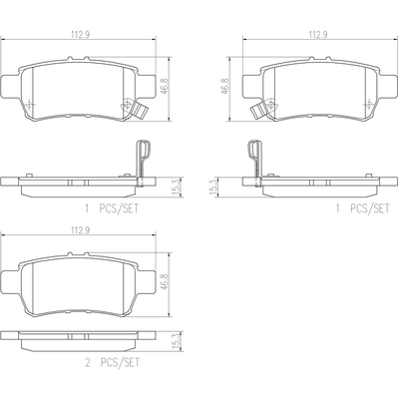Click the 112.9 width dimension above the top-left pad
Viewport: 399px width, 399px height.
pos(80,34)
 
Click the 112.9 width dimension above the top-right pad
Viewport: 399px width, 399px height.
pos(318,34)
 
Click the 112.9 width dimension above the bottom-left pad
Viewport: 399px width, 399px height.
pos(80,229)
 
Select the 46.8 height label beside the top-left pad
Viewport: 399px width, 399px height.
pos(165,87)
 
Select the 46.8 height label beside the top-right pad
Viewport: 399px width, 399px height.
pos(225,87)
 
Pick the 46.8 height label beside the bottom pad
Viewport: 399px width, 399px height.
pos(165,282)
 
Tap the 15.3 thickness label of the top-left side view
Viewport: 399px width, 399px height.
pos(177,187)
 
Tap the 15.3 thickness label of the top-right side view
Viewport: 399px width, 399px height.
pos(212,187)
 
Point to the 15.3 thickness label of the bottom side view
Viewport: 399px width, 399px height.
pos(177,341)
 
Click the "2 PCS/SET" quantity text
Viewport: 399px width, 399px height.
pos(113,362)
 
